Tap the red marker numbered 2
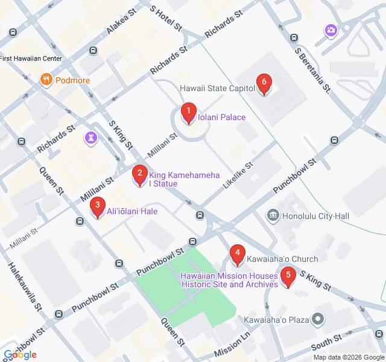(x=140, y=176)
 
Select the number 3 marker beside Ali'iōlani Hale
(x=97, y=208)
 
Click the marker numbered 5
(x=288, y=278)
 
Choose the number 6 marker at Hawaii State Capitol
(x=263, y=84)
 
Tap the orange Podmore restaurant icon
(x=46, y=80)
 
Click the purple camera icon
(x=331, y=30)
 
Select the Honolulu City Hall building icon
(x=273, y=215)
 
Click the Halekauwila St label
(x=24, y=286)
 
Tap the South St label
(x=326, y=346)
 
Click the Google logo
(x=20, y=355)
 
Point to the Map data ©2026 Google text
(x=348, y=357)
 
